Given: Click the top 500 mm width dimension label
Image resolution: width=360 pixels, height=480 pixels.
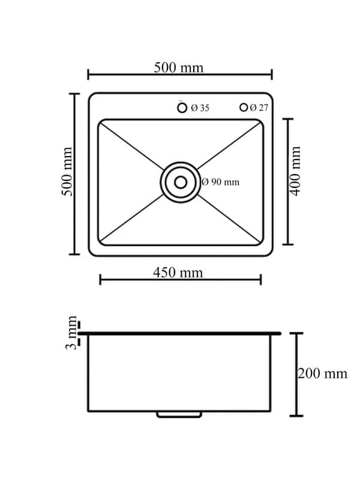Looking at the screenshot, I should pyautogui.click(x=179, y=67).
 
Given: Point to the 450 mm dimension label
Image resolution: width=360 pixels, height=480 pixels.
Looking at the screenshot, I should pyautogui.click(x=178, y=272).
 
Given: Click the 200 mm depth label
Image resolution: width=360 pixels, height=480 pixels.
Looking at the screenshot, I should pyautogui.click(x=323, y=373).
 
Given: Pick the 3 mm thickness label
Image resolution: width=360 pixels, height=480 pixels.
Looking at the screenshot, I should pyautogui.click(x=73, y=333).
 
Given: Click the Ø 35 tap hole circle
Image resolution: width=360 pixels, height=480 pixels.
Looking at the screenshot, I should pyautogui.click(x=182, y=107).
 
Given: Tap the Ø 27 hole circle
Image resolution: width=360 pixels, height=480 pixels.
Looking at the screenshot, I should pyautogui.click(x=244, y=107).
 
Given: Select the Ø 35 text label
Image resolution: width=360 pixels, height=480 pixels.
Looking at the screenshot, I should pyautogui.click(x=200, y=108).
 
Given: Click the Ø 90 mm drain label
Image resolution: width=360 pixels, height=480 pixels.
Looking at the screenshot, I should pyautogui.click(x=220, y=182).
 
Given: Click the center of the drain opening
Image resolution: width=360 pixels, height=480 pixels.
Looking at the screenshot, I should pyautogui.click(x=179, y=182).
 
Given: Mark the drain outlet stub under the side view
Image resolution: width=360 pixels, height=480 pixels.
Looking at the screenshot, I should pyautogui.click(x=179, y=414).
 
